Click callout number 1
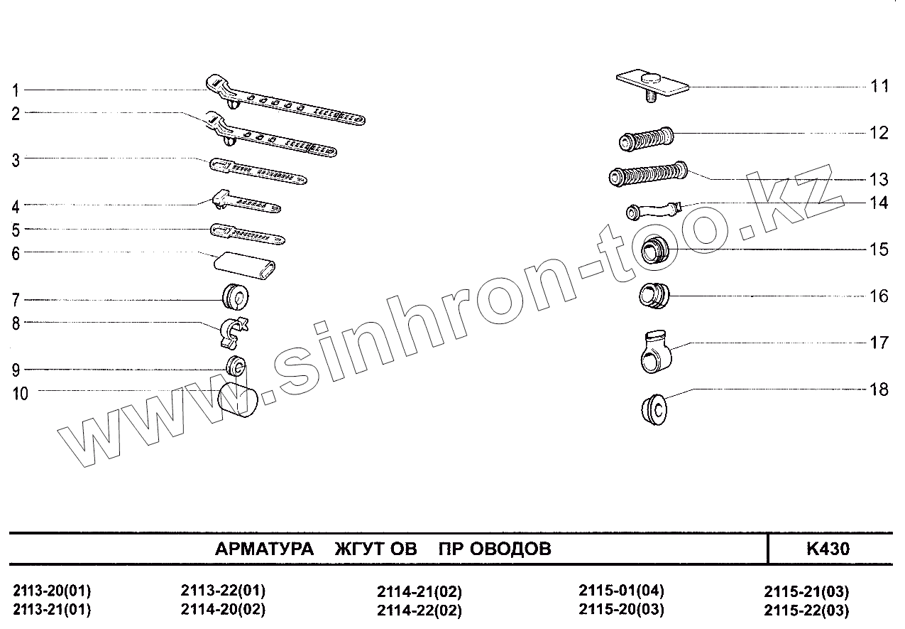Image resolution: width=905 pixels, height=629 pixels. pyautogui.click(x=15, y=90)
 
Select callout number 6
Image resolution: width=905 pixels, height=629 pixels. pyautogui.click(x=15, y=252)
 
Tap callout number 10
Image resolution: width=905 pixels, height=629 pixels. pyautogui.click(x=20, y=393)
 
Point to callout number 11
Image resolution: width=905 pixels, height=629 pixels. pyautogui.click(x=879, y=87)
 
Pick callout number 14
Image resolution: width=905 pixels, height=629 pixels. pyautogui.click(x=879, y=203)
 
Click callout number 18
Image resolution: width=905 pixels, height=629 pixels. pyautogui.click(x=879, y=389)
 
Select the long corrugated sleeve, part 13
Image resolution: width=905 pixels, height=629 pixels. pyautogui.click(x=648, y=175)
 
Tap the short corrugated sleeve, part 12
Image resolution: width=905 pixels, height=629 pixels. pyautogui.click(x=645, y=137)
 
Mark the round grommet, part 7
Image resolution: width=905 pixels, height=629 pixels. pyautogui.click(x=235, y=296)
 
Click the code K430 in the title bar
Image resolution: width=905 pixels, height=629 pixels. pyautogui.click(x=828, y=549)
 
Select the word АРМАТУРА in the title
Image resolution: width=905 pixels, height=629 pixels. pyautogui.click(x=264, y=549)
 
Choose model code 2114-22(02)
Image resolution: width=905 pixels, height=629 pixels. pyautogui.click(x=419, y=611)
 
